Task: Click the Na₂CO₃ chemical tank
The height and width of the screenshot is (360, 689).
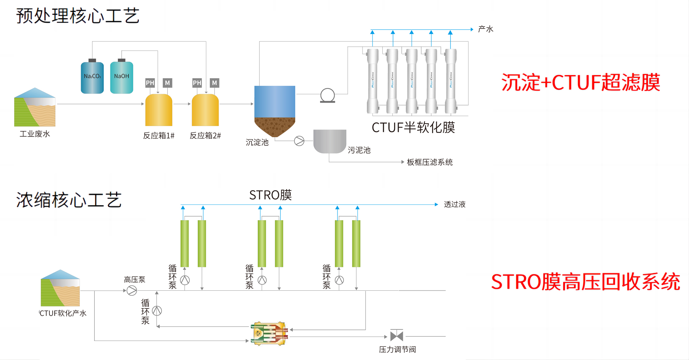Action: [x=92, y=78]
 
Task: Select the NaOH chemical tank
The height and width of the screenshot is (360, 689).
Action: [x=122, y=78]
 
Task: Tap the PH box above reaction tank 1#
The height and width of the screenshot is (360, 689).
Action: [x=150, y=83]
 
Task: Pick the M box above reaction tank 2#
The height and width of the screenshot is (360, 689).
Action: [x=215, y=83]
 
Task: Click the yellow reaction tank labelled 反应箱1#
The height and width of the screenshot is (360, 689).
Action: [x=158, y=110]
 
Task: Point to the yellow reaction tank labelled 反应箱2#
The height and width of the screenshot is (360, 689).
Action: [x=205, y=110]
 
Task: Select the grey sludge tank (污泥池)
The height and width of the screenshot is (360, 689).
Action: [x=330, y=141]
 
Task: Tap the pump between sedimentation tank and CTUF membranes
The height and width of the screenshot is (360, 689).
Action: [x=327, y=95]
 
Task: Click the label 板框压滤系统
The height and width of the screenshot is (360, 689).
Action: [x=430, y=162]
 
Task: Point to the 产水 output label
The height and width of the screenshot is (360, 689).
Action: [x=485, y=29]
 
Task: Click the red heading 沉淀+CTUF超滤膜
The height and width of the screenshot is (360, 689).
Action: [x=580, y=83]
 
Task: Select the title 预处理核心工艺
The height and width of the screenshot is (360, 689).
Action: [x=78, y=16]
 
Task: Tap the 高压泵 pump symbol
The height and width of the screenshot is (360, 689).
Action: [x=132, y=290]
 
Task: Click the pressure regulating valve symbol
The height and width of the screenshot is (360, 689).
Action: [x=397, y=336]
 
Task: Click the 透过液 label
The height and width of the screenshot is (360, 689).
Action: [x=454, y=205]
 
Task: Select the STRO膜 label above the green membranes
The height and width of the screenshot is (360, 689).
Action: [x=270, y=195]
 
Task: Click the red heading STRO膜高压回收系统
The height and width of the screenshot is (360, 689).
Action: [x=585, y=282]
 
